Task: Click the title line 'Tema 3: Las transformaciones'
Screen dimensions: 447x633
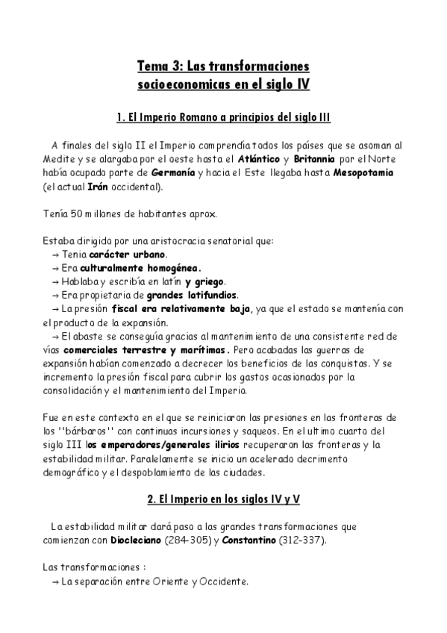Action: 224,67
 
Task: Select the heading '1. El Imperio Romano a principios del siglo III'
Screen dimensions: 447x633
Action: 224,118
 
